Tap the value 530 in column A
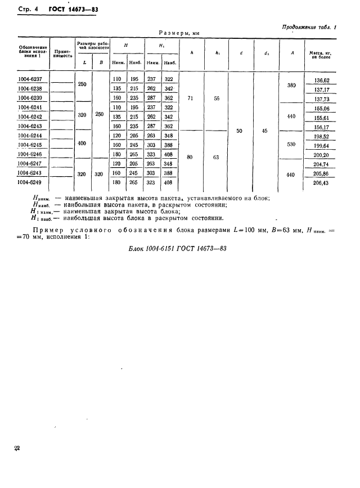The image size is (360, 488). point(291,145)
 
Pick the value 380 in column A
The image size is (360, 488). point(291,86)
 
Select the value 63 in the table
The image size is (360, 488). point(217,158)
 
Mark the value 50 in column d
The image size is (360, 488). point(240,131)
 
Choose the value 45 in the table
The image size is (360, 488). point(265,131)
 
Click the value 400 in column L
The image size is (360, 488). point(82,144)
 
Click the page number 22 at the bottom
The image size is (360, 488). point(17,448)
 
